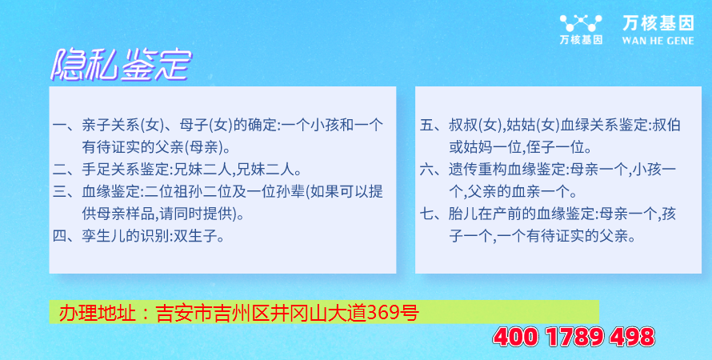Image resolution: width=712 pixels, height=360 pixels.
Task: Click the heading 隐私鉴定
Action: (x=121, y=65)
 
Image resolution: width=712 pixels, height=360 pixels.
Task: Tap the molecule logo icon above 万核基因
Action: (x=581, y=22)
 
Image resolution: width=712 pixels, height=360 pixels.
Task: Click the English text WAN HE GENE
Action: (x=658, y=41)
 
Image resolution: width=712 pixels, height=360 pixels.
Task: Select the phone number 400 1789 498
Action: (x=574, y=338)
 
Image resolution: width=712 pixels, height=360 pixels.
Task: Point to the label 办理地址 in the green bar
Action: (x=97, y=313)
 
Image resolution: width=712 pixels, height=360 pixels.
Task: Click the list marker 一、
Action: (x=66, y=125)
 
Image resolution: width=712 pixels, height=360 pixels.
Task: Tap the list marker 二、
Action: (x=66, y=170)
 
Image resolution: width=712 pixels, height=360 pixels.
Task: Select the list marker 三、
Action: (x=66, y=193)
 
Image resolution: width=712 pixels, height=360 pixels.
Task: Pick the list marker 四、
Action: (x=66, y=237)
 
